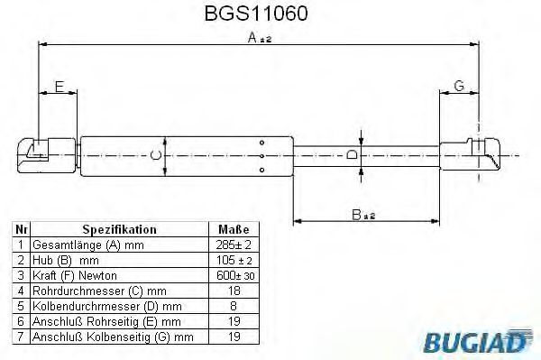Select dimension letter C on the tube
coord(155,156)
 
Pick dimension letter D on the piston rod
coord(353,155)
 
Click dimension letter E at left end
coord(59,87)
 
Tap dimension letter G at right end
coord(458,86)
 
